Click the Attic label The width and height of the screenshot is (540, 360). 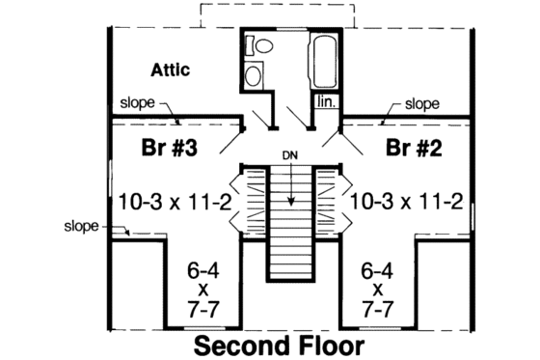pos(171,70)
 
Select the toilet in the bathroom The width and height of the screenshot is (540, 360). pos(260,44)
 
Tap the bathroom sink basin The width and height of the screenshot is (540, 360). pos(253,75)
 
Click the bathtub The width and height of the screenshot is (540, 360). pos(321,62)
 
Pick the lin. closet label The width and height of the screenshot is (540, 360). pos(322,99)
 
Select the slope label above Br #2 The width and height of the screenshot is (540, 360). pos(421,102)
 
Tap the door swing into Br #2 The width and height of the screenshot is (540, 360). pos(337,143)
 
